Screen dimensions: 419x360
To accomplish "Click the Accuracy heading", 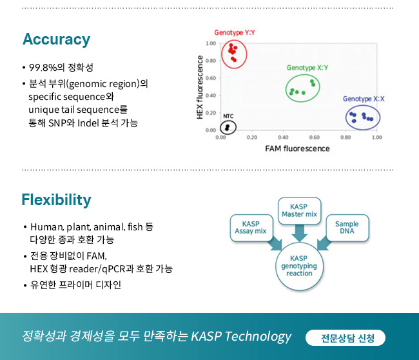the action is pos(56,39).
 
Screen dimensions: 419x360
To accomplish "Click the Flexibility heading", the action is pos(56,200).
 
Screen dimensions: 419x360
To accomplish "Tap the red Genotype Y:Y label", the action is pos(235,33).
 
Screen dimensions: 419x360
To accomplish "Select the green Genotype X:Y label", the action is pos(307,68).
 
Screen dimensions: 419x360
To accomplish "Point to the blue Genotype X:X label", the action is pos(364,99).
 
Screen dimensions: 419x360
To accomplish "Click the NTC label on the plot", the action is pos(228,116).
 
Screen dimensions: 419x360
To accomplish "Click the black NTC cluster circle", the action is pos(220,128).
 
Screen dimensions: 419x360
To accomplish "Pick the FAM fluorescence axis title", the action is pos(297,148).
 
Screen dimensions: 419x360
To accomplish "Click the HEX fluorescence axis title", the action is pos(200,87).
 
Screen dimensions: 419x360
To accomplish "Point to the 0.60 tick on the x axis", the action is pos(315,137).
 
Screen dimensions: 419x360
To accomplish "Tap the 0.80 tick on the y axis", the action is pos(211,61).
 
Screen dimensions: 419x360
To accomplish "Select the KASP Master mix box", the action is pos(299,211).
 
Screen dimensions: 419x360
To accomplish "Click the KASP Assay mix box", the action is pos(251,228).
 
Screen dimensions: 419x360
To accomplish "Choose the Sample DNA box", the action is pos(347,228).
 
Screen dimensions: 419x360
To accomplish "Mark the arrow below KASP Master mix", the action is pos(299,233).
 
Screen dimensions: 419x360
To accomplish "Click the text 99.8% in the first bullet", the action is pos(43,67).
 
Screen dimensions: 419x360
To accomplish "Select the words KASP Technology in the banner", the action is pos(241,337).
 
